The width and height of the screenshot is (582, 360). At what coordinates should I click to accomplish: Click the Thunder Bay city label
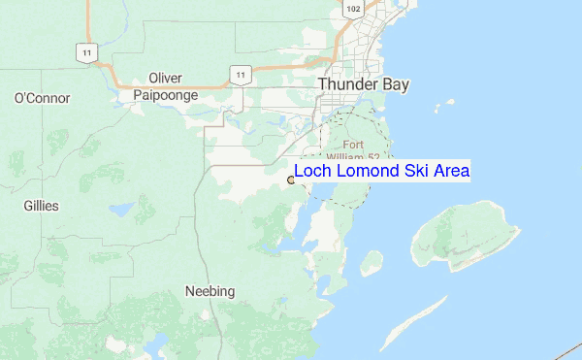coord(364,84)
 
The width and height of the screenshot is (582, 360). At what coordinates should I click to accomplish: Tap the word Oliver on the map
coord(166,79)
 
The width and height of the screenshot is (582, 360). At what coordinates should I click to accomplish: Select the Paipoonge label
coord(166,95)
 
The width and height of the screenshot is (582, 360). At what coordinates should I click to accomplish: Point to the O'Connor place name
coord(36,98)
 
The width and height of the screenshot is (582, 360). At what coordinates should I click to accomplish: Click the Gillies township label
coord(41,206)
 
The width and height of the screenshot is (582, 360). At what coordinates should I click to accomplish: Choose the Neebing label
coord(210,291)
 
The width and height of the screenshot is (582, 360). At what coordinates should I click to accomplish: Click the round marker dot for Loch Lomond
coord(291,179)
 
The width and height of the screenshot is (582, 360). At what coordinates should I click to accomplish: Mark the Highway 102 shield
coord(353,9)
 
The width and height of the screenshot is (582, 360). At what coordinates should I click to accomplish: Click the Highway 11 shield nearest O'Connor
coord(88,52)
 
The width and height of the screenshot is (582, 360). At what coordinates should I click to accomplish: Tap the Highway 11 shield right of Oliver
coord(238,73)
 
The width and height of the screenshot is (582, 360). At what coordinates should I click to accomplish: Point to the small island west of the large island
coord(372,262)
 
